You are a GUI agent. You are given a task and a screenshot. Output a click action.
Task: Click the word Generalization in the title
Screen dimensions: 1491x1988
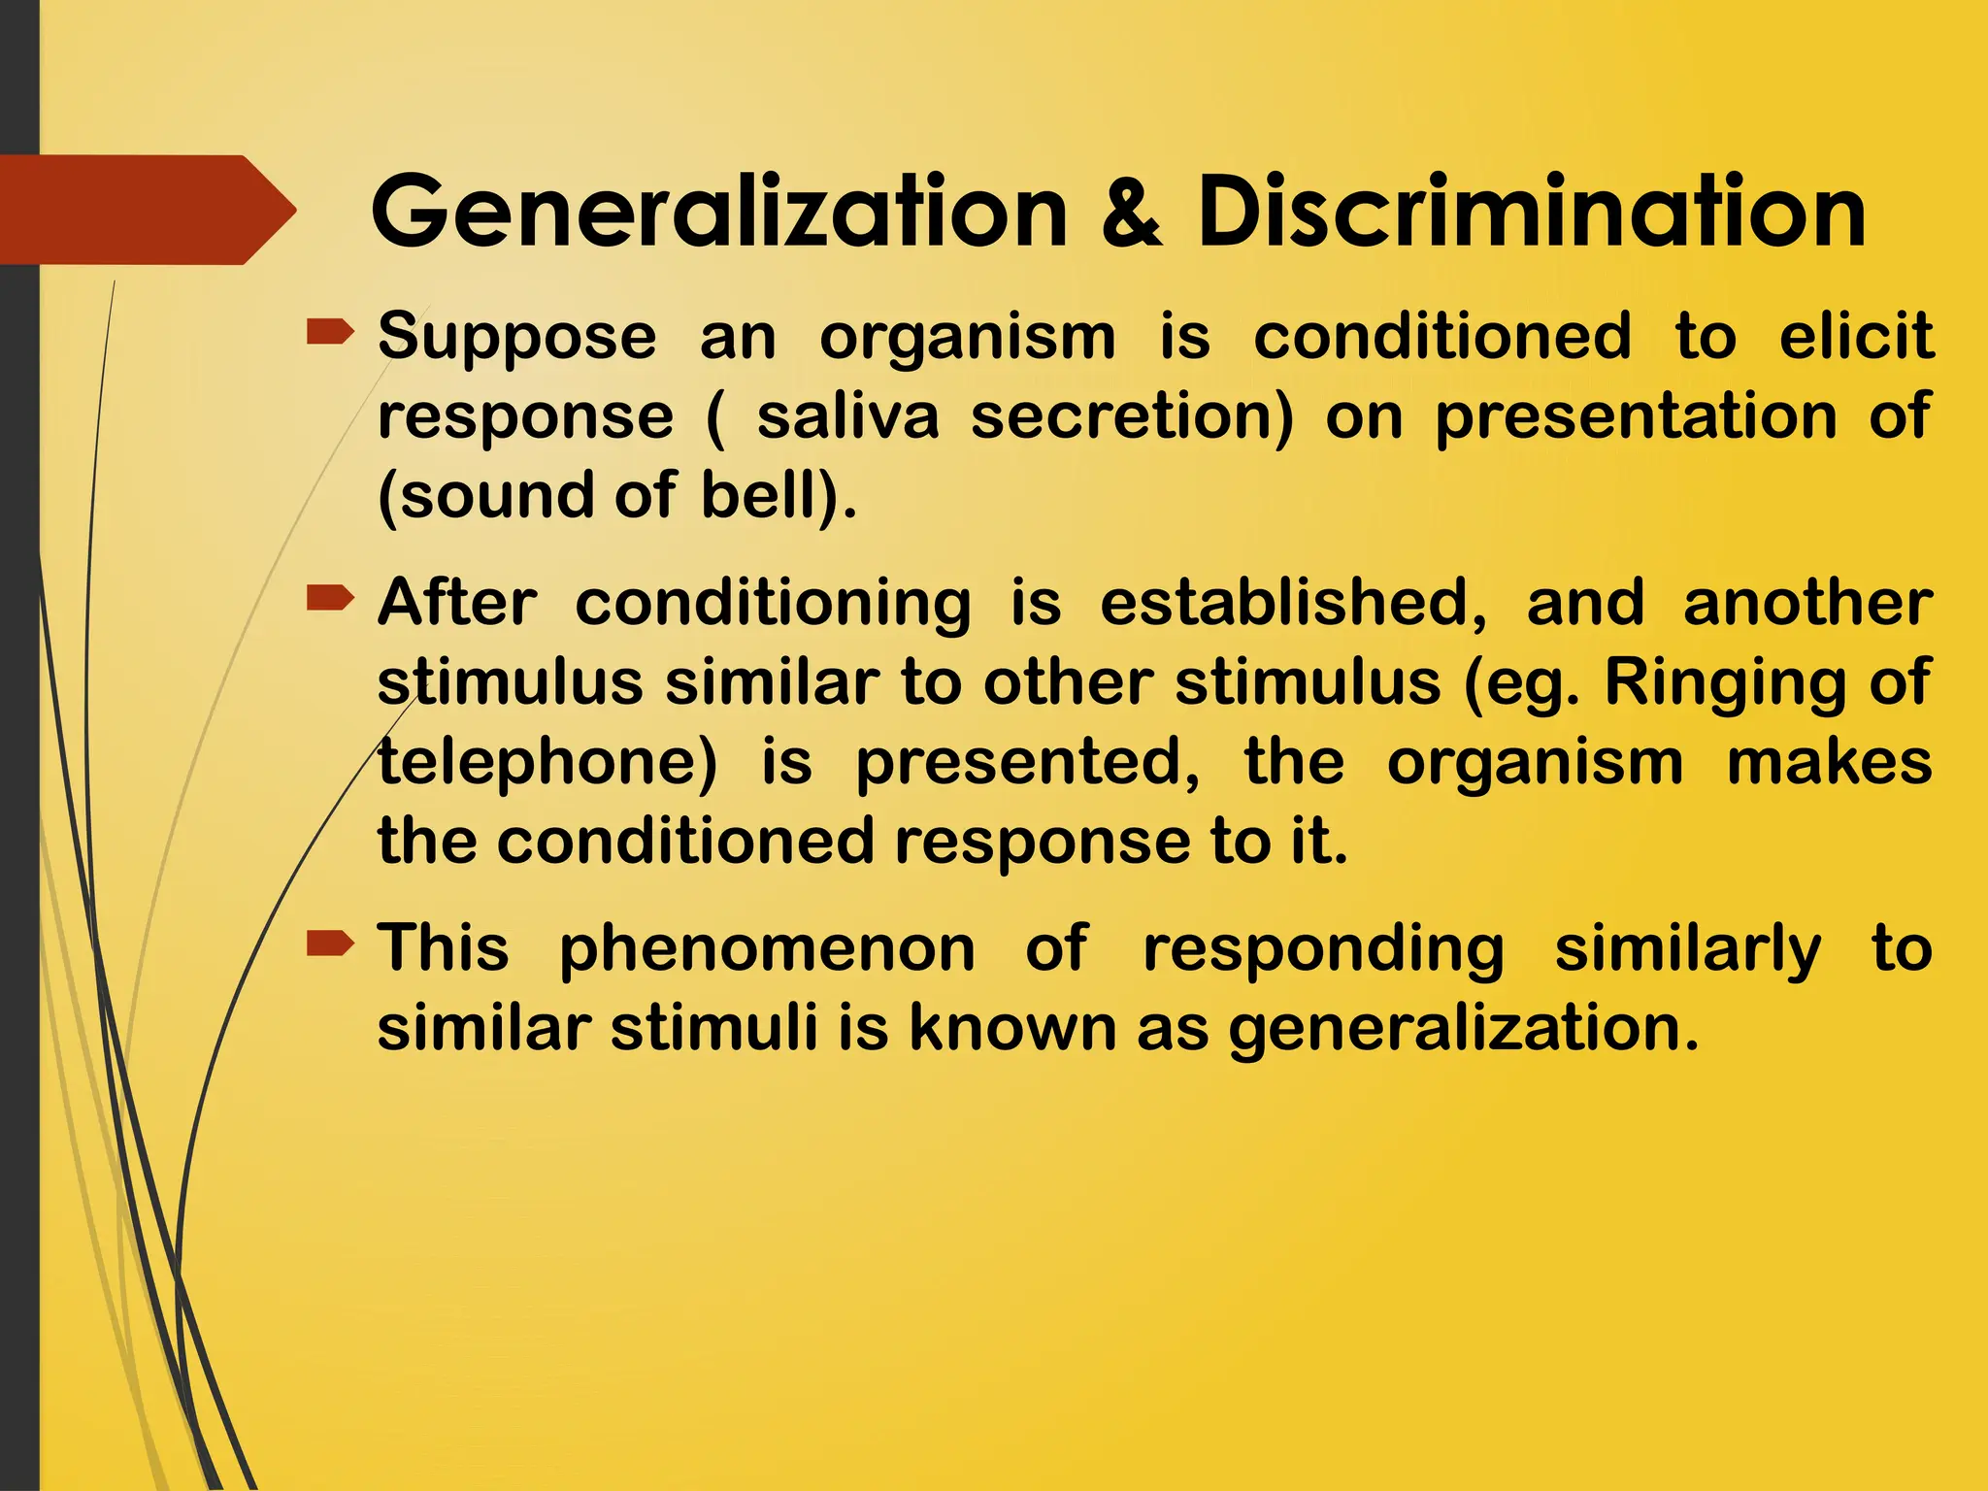[719, 213]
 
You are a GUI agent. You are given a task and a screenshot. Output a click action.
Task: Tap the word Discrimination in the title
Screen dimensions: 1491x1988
[1531, 213]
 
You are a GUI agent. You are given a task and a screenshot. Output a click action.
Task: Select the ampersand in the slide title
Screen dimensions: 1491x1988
[1132, 213]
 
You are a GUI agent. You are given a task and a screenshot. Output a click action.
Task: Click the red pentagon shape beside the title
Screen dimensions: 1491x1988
[146, 210]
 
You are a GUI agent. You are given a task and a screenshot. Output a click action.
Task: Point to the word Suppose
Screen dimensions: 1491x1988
[517, 339]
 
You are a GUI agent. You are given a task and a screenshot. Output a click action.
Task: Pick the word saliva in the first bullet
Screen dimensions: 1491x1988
[847, 416]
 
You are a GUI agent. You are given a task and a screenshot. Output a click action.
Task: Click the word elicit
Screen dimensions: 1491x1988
[1856, 337]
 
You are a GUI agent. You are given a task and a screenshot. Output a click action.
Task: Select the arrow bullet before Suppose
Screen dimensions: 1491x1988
[330, 334]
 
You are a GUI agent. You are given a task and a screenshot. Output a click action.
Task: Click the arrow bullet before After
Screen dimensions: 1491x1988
[330, 599]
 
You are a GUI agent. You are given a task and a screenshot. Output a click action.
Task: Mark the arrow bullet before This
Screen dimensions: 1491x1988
[330, 943]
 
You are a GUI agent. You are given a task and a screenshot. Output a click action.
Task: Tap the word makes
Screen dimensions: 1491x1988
[1830, 762]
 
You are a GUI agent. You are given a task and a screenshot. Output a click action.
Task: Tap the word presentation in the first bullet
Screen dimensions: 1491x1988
[1636, 418]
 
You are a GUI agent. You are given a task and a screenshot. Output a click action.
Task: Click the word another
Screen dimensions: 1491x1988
[1807, 603]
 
